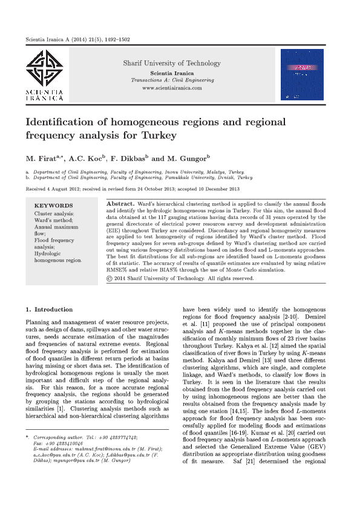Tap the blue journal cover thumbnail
[302, 74]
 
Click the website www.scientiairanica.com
[172, 88]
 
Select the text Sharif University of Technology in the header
[172, 63]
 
